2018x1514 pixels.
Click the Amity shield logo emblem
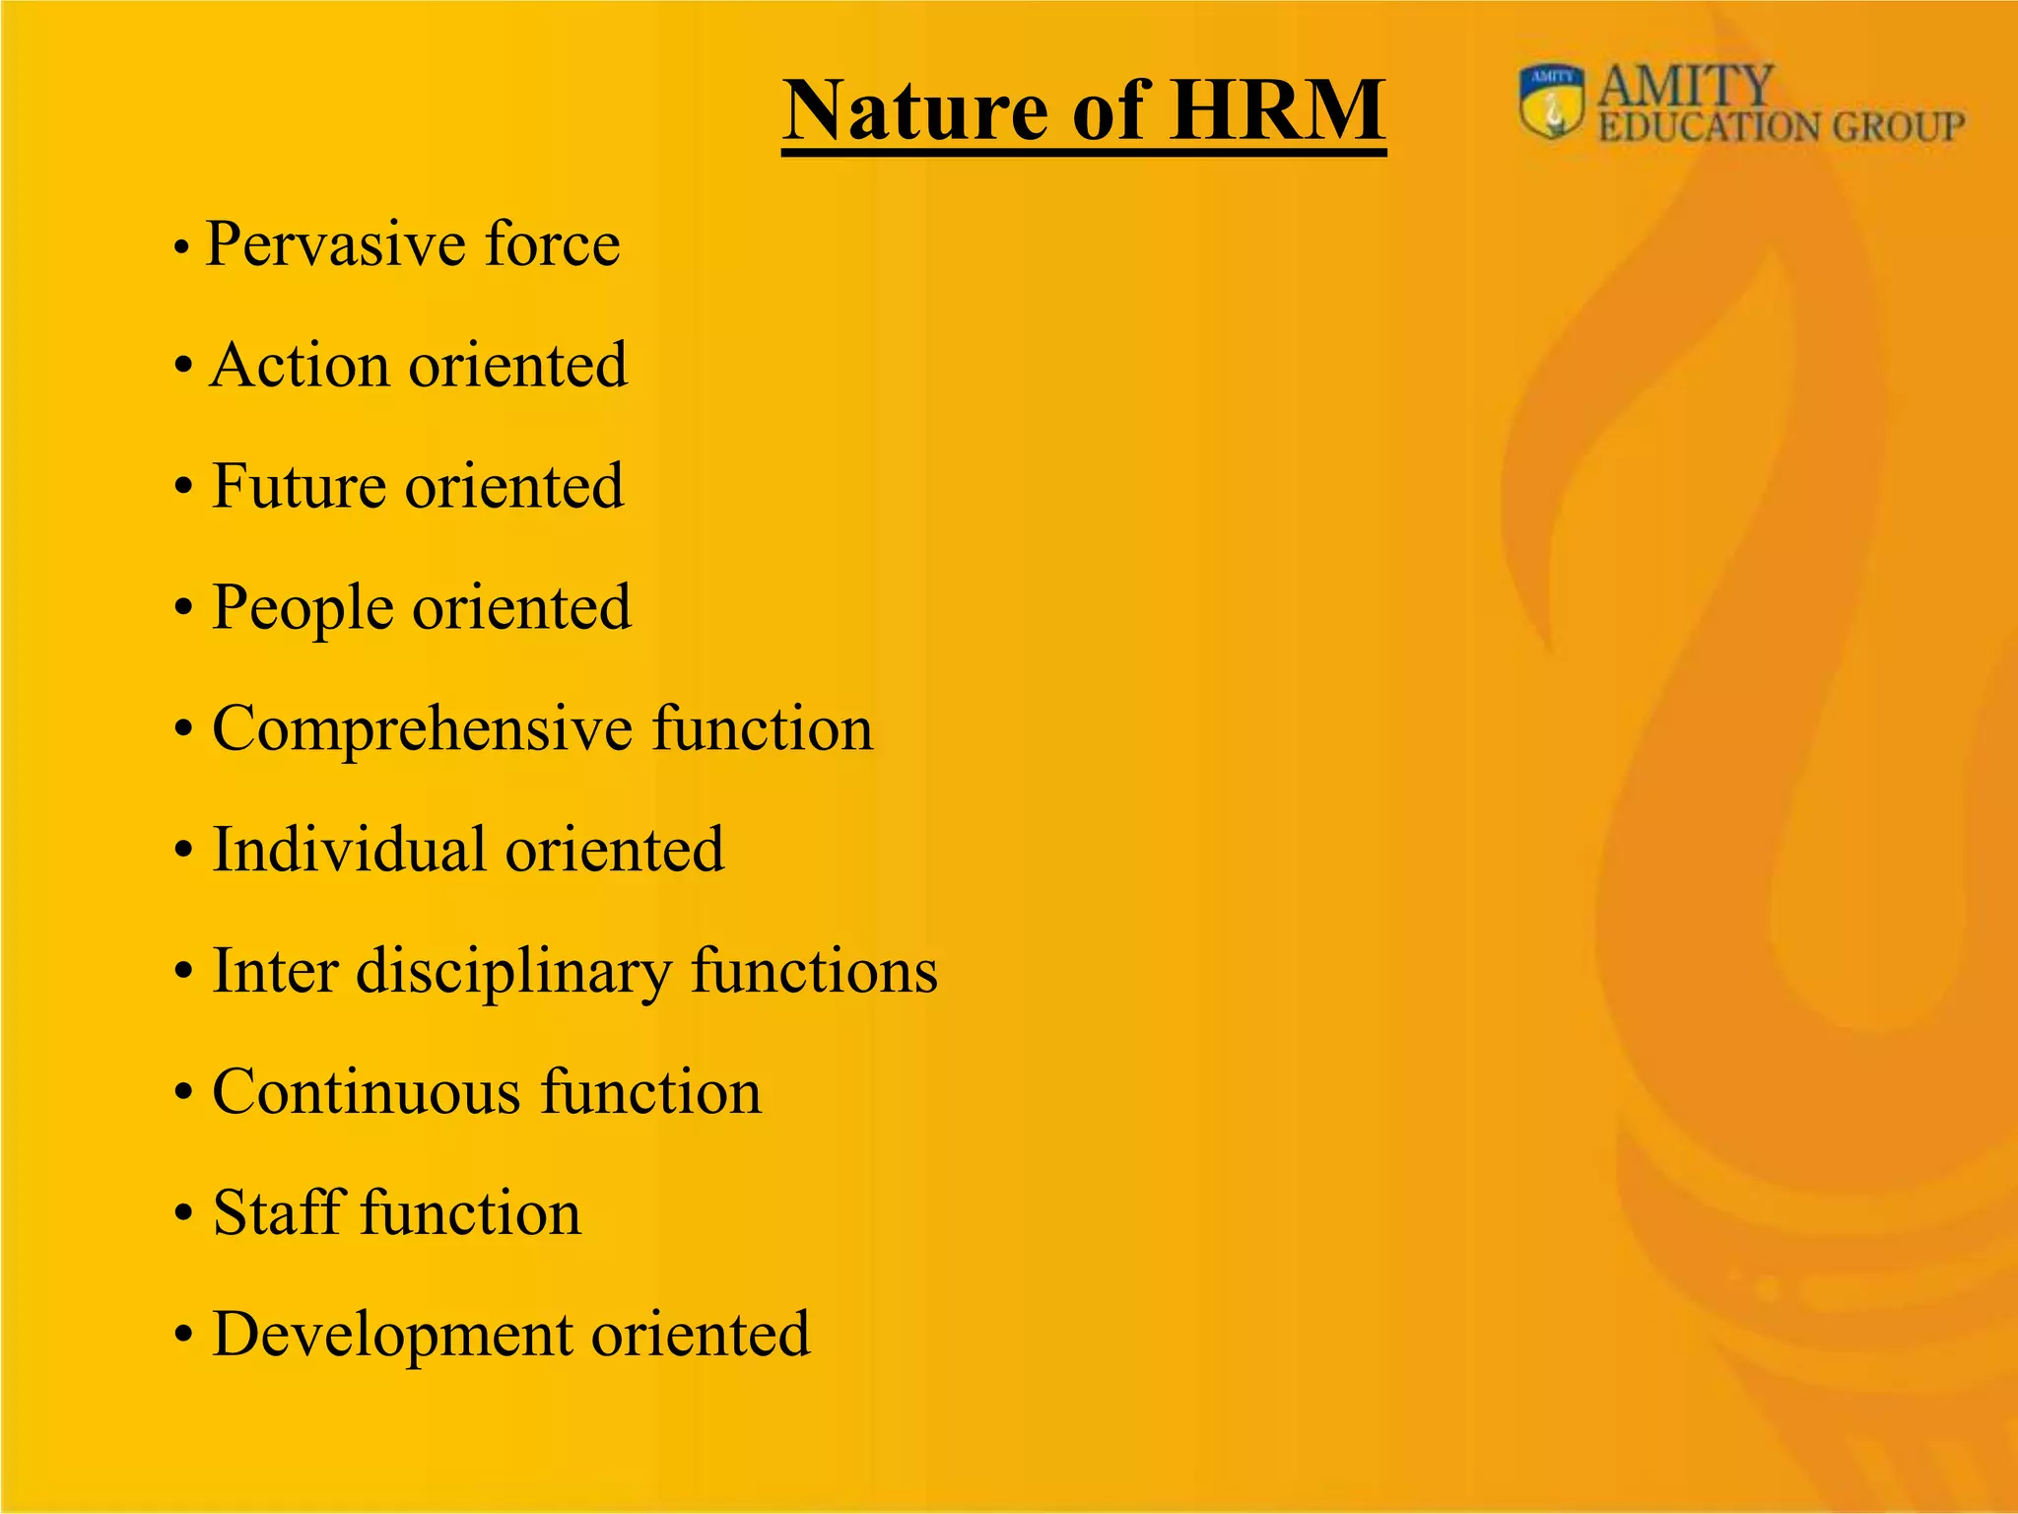(x=1552, y=102)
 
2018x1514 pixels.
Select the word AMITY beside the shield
(x=1685, y=87)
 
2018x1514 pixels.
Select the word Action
(x=300, y=366)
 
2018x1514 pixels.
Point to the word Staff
(x=279, y=1213)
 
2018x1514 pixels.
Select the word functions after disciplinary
(x=814, y=972)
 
